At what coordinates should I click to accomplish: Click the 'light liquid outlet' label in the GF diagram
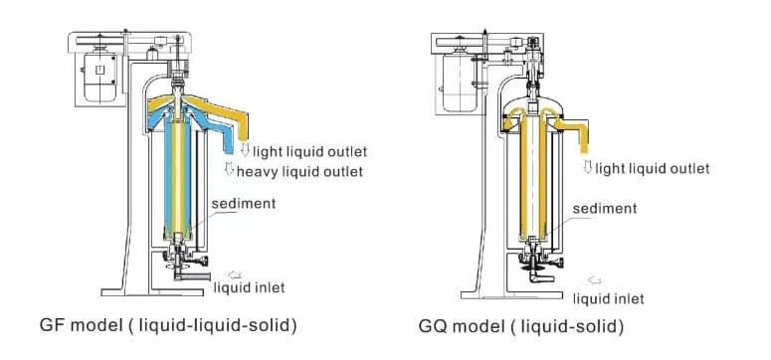(309, 151)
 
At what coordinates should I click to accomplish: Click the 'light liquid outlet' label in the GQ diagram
(655, 168)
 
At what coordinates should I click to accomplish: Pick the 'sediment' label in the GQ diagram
(605, 209)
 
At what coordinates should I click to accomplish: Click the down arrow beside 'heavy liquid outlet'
(229, 171)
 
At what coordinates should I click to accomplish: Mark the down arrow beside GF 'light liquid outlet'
(245, 150)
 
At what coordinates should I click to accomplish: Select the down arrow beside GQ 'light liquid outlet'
(589, 167)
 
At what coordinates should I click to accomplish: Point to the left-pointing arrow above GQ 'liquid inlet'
(595, 281)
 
